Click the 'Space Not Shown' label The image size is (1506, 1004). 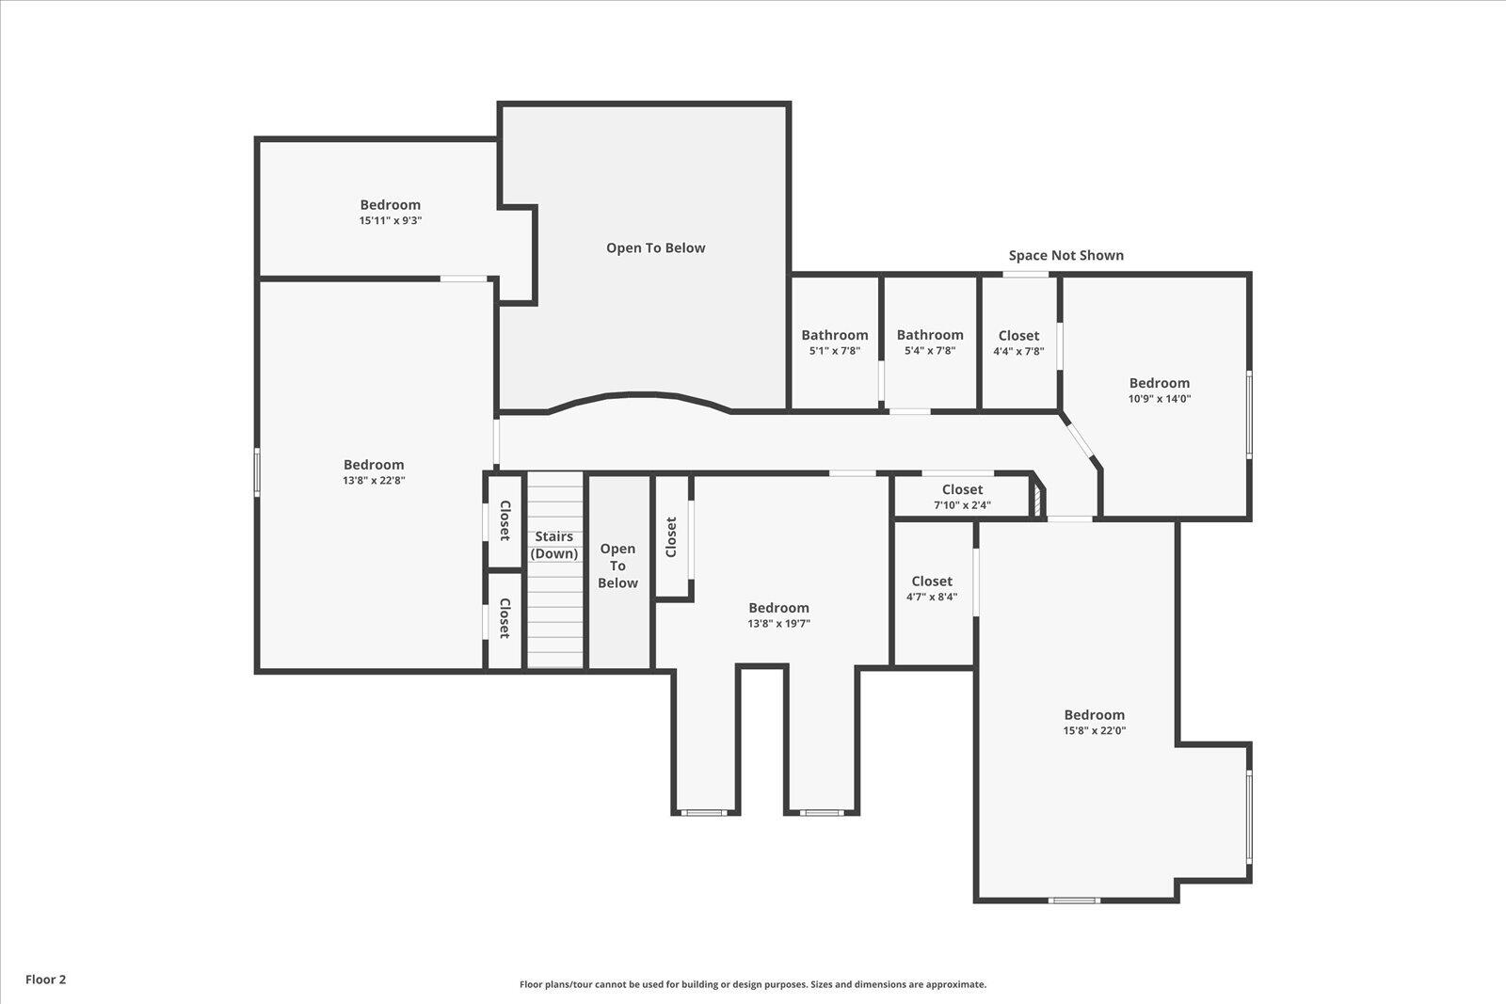(x=1065, y=255)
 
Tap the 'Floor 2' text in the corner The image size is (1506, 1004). (x=45, y=980)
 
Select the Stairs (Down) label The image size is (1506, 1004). (x=554, y=545)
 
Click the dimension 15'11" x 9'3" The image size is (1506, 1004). (x=390, y=220)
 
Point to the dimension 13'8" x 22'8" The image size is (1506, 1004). (x=374, y=480)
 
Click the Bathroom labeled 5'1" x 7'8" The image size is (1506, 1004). (x=834, y=342)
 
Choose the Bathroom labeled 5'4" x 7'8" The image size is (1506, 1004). (x=929, y=342)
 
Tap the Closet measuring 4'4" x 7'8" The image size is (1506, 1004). (x=1018, y=343)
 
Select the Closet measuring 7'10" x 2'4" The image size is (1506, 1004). (x=962, y=496)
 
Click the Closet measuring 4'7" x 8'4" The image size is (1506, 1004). (x=932, y=588)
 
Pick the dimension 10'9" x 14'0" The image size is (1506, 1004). (x=1160, y=398)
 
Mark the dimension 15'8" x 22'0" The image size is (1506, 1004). (x=1094, y=730)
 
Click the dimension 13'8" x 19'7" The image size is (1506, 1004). (x=778, y=623)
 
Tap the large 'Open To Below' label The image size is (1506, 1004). (x=655, y=247)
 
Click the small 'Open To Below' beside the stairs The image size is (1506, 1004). (x=617, y=566)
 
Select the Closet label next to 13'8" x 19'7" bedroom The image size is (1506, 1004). (x=671, y=536)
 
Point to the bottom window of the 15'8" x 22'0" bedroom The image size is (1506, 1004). (x=1074, y=900)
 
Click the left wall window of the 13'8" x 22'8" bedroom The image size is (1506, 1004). (x=256, y=471)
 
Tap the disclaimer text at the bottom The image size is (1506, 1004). (x=753, y=984)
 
